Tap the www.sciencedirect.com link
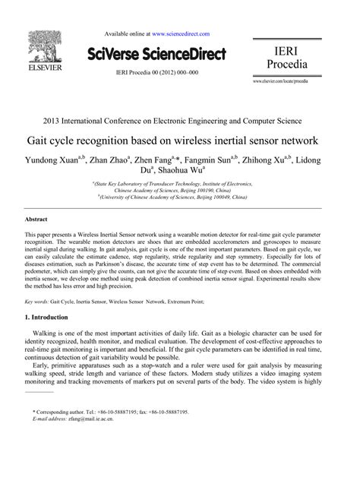(181, 34)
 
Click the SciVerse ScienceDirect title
(161, 54)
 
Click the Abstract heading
(38, 219)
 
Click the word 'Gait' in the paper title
(62, 141)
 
